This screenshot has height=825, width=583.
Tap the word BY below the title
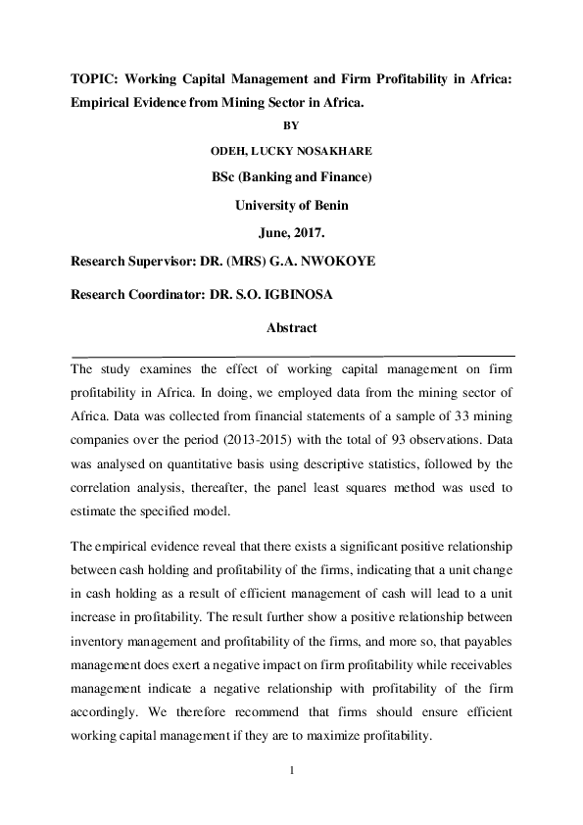pyautogui.click(x=291, y=125)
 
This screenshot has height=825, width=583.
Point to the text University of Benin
pyautogui.click(x=291, y=206)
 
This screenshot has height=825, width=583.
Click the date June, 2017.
pyautogui.click(x=291, y=234)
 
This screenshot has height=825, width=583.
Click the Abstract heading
pyautogui.click(x=291, y=329)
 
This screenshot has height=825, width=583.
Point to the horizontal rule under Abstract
pyautogui.click(x=291, y=354)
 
